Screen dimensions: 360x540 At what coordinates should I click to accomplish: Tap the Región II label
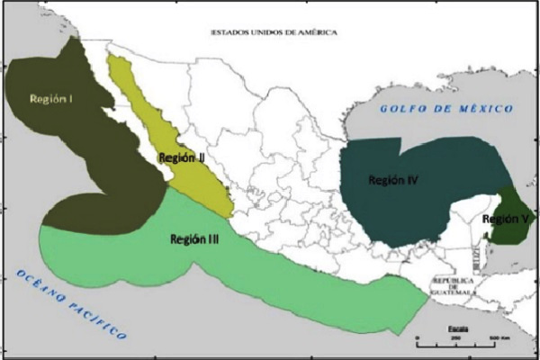click(183, 157)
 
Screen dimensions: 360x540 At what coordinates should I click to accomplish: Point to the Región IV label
click(392, 180)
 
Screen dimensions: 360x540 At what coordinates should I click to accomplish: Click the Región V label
click(506, 219)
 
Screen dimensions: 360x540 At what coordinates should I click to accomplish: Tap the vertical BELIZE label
click(474, 260)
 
